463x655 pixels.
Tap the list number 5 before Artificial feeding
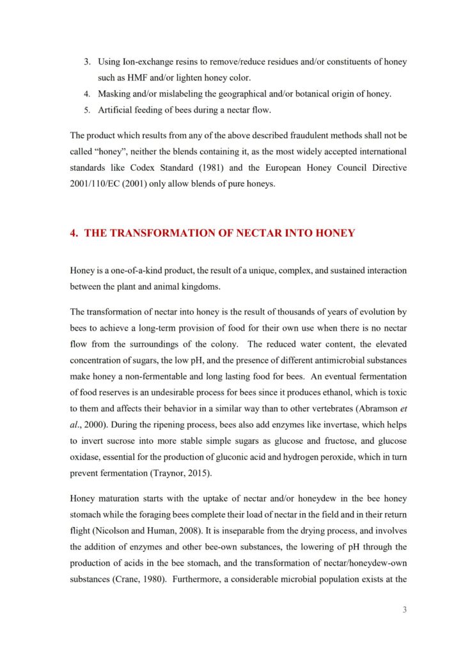pos(88,110)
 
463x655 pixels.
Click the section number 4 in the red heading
pos(74,233)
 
